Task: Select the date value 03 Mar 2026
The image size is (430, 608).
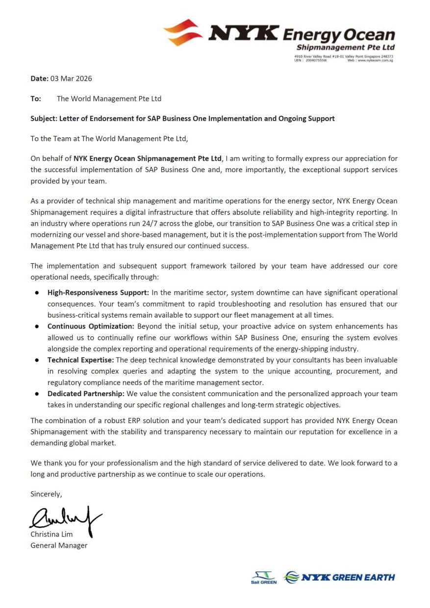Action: point(71,78)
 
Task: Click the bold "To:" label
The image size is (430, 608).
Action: point(36,99)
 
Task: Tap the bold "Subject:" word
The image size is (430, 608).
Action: point(44,119)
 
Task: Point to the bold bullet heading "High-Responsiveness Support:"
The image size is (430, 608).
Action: point(98,293)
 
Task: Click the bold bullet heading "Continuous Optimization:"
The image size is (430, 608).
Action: point(91,327)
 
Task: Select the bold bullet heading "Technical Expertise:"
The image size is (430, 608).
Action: point(80,360)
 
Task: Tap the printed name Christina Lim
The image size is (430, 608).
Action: point(51,534)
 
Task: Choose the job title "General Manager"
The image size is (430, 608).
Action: point(59,545)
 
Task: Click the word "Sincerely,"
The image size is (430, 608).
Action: point(46,494)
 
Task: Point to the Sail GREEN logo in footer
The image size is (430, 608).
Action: point(264,578)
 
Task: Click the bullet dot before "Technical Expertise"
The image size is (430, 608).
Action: point(37,360)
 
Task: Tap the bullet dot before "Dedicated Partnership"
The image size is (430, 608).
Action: point(37,394)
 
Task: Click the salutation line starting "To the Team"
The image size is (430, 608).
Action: point(109,139)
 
